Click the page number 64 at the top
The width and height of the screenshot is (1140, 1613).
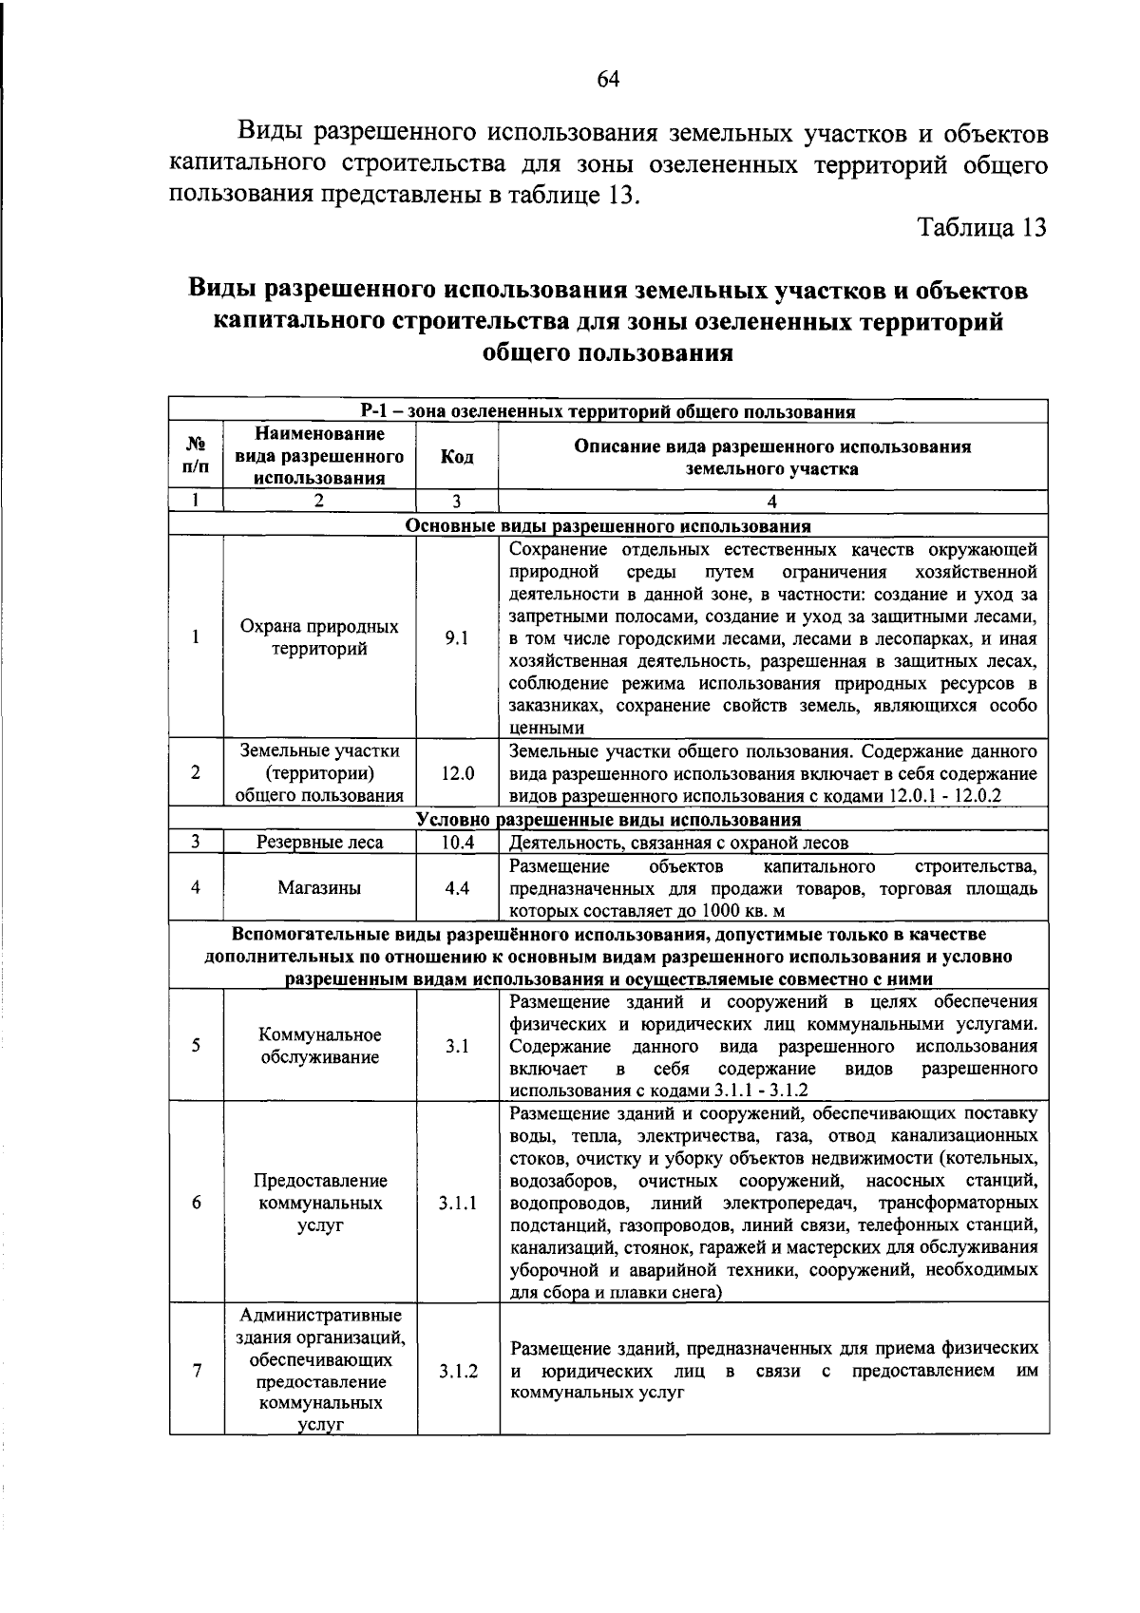(608, 80)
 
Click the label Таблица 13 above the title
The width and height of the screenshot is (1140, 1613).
(981, 228)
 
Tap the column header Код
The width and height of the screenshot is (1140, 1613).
(457, 457)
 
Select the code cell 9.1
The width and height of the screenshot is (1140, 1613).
(457, 638)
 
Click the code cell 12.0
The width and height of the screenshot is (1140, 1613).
(457, 773)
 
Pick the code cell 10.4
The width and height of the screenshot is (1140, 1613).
(457, 843)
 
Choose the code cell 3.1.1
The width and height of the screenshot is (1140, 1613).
(457, 1203)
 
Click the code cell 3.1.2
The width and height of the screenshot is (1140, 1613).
(458, 1371)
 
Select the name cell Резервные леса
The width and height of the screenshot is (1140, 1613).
(319, 843)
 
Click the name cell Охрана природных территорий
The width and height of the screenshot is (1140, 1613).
(319, 638)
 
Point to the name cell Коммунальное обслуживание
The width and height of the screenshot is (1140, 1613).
(320, 1046)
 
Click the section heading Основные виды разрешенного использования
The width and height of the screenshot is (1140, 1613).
(608, 526)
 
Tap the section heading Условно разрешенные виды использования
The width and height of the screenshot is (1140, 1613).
(608, 820)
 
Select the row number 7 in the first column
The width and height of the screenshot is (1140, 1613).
(196, 1371)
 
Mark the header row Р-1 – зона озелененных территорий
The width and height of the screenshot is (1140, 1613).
(608, 411)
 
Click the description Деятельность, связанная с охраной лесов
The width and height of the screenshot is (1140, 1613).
(678, 843)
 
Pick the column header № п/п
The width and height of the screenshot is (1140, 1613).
(196, 457)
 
